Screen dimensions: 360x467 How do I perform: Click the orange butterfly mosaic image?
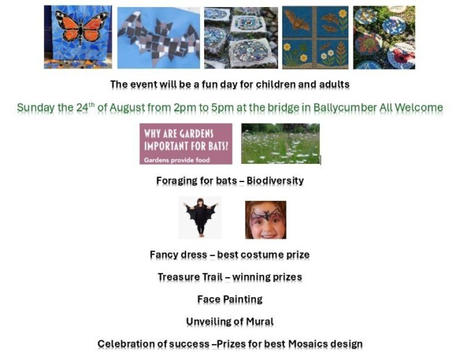pyautogui.click(x=77, y=36)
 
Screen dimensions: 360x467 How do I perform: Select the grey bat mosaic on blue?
pyautogui.click(x=158, y=37)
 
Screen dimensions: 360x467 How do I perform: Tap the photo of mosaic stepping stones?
pyautogui.click(x=240, y=37)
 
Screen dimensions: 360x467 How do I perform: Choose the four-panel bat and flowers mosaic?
pyautogui.click(x=315, y=37)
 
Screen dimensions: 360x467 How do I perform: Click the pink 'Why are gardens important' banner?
pyautogui.click(x=185, y=144)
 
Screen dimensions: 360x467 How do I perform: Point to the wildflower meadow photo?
pyautogui.click(x=280, y=144)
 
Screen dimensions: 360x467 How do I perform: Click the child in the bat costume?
pyautogui.click(x=200, y=218)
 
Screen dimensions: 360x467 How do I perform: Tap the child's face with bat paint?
pyautogui.click(x=266, y=220)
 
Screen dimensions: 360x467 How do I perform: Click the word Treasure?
pyautogui.click(x=179, y=277)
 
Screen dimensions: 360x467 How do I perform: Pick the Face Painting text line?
pyautogui.click(x=230, y=299)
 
